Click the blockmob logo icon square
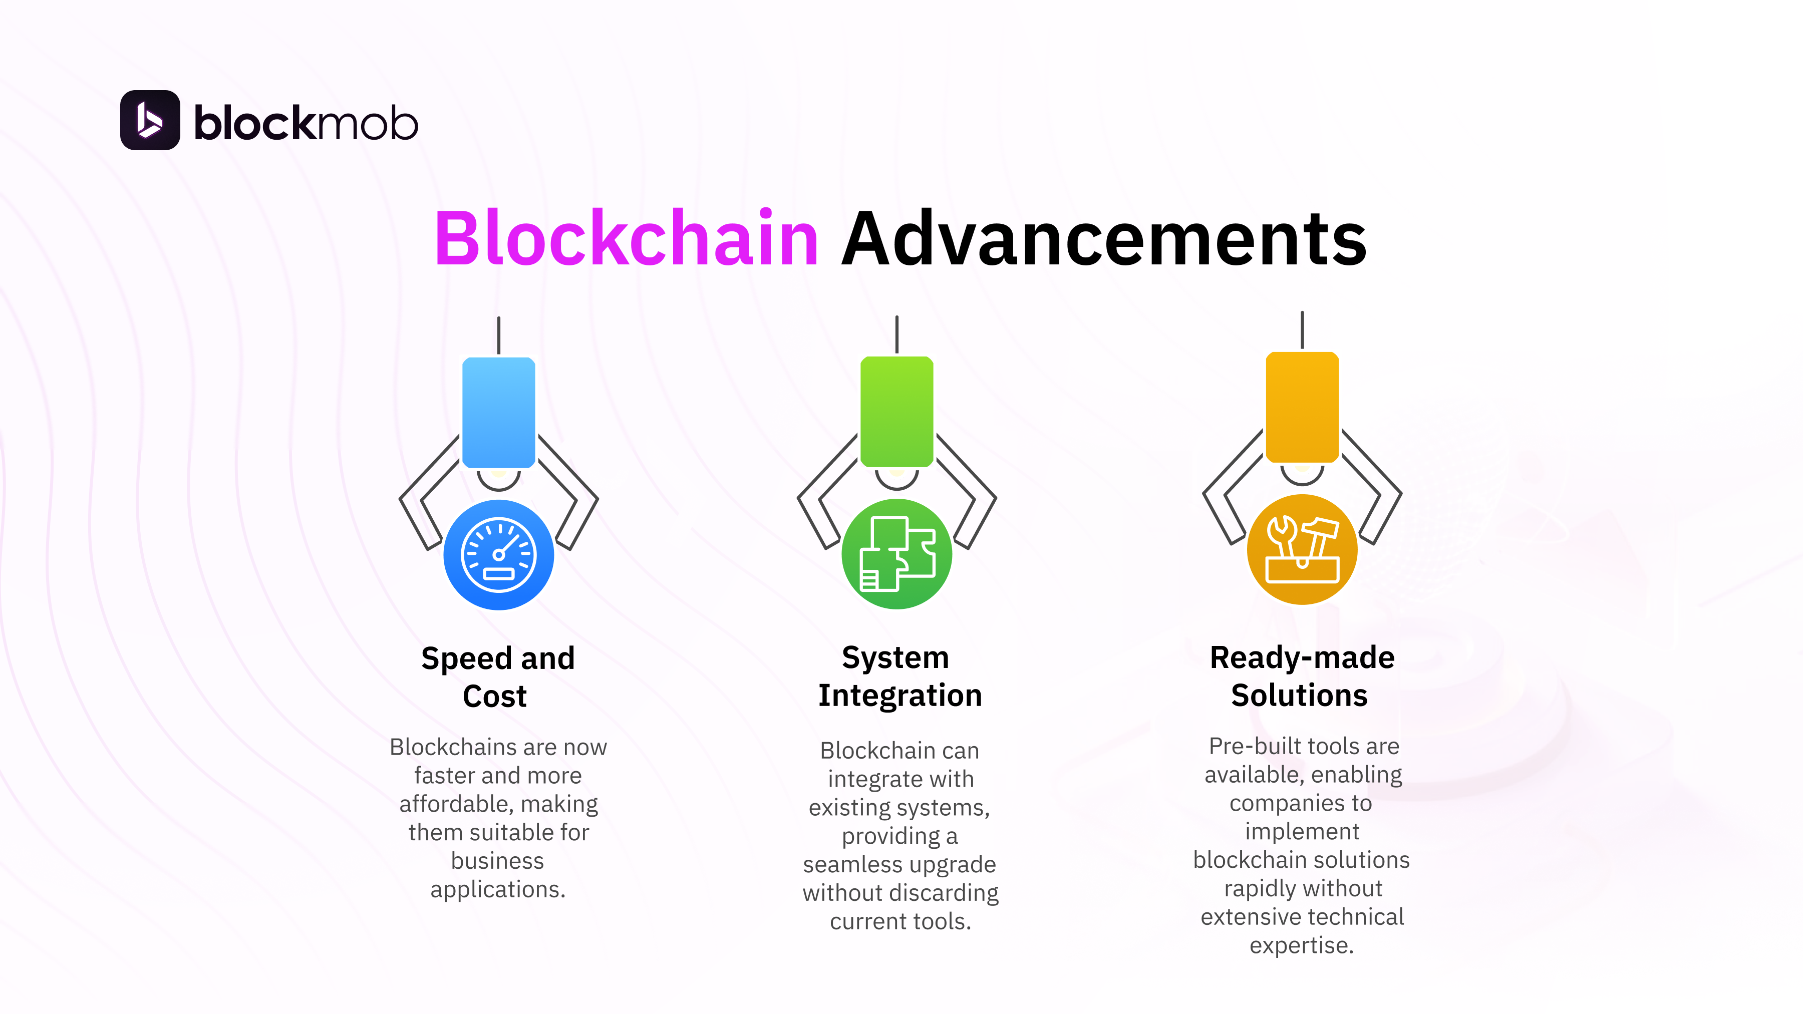150,120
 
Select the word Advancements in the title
1104,239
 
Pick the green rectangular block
896,412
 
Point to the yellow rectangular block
1302,407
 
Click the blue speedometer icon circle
498,554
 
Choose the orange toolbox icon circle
1302,549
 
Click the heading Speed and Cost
498,677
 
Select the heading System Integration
899,676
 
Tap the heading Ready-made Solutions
1301,676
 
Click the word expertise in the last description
1301,945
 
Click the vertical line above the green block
896,334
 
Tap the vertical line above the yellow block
1302,329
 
